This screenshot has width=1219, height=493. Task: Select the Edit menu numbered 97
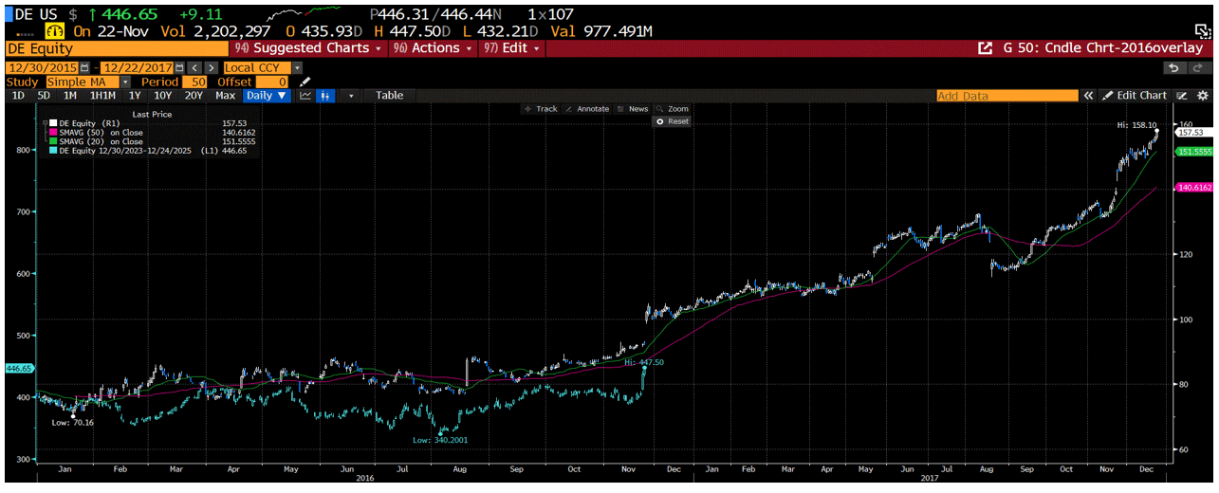click(x=510, y=48)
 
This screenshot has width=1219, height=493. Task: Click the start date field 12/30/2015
click(x=42, y=67)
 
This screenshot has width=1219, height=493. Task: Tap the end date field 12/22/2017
click(x=137, y=67)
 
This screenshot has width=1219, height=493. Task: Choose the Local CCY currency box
click(x=257, y=67)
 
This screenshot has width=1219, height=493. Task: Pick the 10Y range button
click(x=162, y=96)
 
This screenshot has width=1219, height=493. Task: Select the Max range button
click(x=225, y=96)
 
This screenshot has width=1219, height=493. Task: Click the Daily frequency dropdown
click(x=267, y=96)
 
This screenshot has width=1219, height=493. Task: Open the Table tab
click(x=389, y=96)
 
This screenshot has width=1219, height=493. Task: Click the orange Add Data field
click(x=1006, y=96)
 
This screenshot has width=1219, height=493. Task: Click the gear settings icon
click(x=1202, y=96)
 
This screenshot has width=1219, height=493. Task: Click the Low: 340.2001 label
click(x=440, y=440)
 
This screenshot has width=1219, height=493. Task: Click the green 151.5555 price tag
click(x=1194, y=152)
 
